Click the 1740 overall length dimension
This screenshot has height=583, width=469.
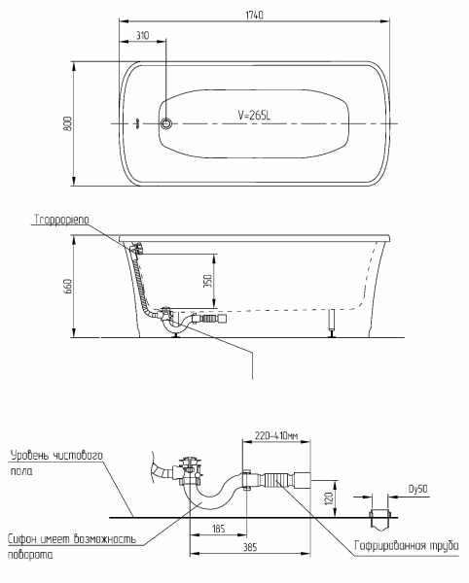pyautogui.click(x=254, y=15)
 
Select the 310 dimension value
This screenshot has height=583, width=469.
pyautogui.click(x=142, y=35)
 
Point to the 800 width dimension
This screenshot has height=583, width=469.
pyautogui.click(x=67, y=123)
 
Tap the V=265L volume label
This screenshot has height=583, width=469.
pyautogui.click(x=254, y=115)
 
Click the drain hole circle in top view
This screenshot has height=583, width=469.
pyautogui.click(x=166, y=123)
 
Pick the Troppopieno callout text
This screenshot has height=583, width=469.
pyautogui.click(x=62, y=220)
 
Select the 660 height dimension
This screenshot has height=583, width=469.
pyautogui.click(x=68, y=286)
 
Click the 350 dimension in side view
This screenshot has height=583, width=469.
pyautogui.click(x=207, y=281)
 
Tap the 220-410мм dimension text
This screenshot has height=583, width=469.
pyautogui.click(x=276, y=435)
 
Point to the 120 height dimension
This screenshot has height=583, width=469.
pyautogui.click(x=329, y=498)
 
